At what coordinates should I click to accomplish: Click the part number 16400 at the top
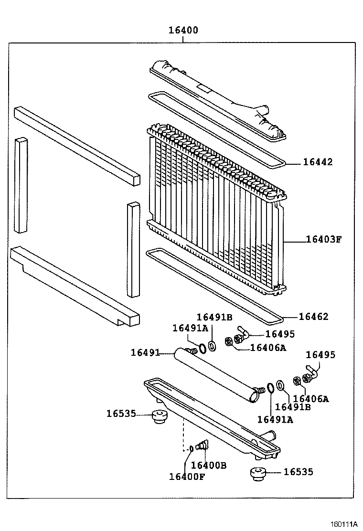click(x=183, y=31)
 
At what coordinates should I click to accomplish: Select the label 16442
click(x=318, y=162)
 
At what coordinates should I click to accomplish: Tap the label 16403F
click(x=324, y=240)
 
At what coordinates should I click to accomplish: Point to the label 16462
click(x=314, y=317)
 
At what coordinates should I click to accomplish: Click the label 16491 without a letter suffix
click(x=145, y=353)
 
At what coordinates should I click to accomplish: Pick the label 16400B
click(x=208, y=465)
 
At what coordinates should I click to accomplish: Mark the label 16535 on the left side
click(x=121, y=414)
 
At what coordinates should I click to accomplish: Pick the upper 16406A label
click(x=268, y=348)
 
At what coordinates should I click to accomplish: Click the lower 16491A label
click(x=275, y=419)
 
